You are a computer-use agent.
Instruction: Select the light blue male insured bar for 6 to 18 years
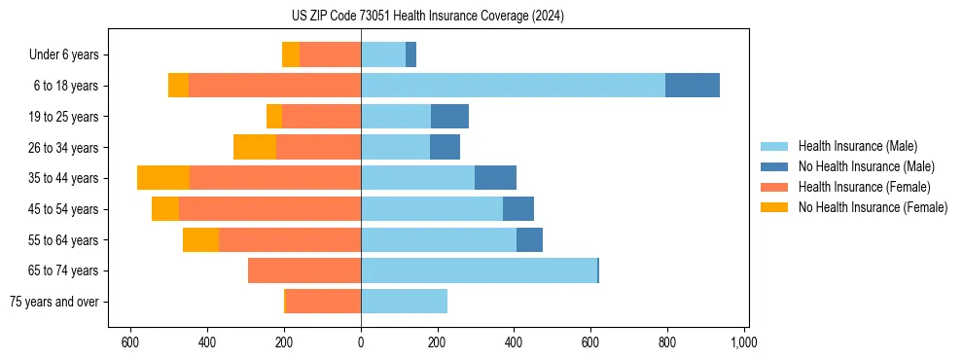point(513,86)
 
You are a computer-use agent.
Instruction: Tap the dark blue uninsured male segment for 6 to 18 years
point(693,86)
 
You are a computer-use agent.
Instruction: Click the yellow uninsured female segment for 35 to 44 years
point(163,178)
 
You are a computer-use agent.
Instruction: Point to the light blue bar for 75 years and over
point(404,302)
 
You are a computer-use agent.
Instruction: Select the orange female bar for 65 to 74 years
point(304,270)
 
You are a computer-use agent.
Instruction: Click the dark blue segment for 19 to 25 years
point(449,117)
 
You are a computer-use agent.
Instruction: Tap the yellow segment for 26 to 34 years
point(255,147)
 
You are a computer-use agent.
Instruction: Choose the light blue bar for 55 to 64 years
point(439,239)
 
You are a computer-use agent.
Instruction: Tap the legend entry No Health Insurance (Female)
point(871,207)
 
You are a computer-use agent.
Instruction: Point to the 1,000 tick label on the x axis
point(744,342)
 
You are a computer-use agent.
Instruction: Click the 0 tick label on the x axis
point(361,342)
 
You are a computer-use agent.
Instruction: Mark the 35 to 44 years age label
point(64,178)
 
